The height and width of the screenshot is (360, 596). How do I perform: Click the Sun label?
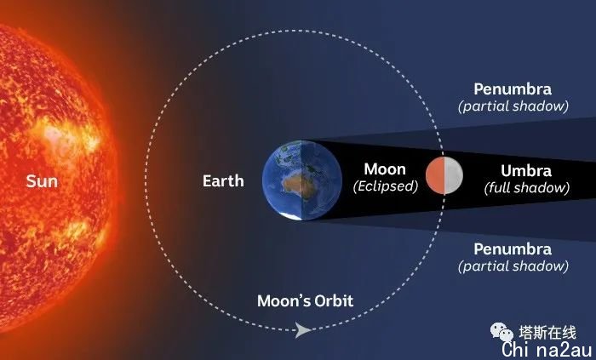42,181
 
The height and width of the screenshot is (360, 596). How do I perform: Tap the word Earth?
223,180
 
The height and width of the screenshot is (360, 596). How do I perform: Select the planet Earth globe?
301,180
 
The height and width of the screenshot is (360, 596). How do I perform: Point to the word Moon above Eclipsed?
385,169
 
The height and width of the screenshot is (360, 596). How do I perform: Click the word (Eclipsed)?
386,186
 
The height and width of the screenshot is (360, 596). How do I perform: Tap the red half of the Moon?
435,175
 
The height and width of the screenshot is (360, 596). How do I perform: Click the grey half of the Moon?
454,175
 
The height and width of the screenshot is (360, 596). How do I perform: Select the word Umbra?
526,171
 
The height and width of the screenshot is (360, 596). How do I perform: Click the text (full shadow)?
527,187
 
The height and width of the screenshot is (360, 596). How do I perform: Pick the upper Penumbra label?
513,89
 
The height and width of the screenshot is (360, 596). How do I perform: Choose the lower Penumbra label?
513,249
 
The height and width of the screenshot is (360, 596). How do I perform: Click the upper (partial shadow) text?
513,106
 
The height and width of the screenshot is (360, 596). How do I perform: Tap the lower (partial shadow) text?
513,266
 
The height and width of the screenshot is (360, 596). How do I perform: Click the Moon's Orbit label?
305,300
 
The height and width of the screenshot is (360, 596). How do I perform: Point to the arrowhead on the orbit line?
303,330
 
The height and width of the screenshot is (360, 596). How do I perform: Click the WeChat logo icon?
501,332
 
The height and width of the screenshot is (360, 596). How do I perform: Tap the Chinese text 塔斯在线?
547,333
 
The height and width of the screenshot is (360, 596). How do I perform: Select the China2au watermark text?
547,350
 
